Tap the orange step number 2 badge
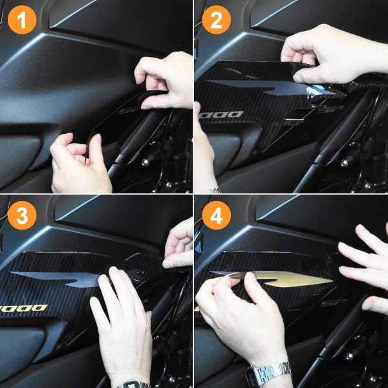216,22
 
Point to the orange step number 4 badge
216,216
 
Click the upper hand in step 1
165,78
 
